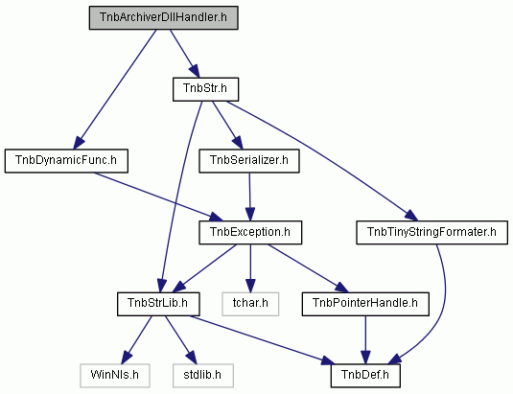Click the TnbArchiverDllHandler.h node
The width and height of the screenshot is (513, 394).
pos(164,17)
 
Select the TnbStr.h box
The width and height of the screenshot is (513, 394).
pos(205,89)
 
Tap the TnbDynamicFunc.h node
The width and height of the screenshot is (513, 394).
pos(66,161)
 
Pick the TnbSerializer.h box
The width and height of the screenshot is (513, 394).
pos(249,161)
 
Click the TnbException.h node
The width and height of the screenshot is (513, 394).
pos(250,233)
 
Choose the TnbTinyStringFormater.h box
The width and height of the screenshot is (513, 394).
pos(431,233)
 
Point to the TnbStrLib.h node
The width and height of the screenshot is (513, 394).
pos(158,304)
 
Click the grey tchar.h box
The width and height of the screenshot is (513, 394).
pos(250,304)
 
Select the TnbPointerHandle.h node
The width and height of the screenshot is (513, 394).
pos(365,304)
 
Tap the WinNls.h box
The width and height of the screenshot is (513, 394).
pos(115,376)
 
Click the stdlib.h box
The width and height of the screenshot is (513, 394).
pos(203,376)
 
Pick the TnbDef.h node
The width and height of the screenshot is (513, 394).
pos(365,376)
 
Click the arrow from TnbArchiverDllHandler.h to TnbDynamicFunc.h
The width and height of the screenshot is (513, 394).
pos(115,89)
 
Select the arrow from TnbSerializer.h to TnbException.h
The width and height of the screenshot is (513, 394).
pos(250,197)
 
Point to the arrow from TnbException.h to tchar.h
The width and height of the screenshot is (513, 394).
pos(250,268)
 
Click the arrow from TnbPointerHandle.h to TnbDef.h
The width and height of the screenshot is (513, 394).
pos(365,340)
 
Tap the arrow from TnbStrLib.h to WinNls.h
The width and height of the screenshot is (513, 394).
pos(137,340)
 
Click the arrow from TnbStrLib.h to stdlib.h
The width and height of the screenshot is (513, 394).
pos(181,340)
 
